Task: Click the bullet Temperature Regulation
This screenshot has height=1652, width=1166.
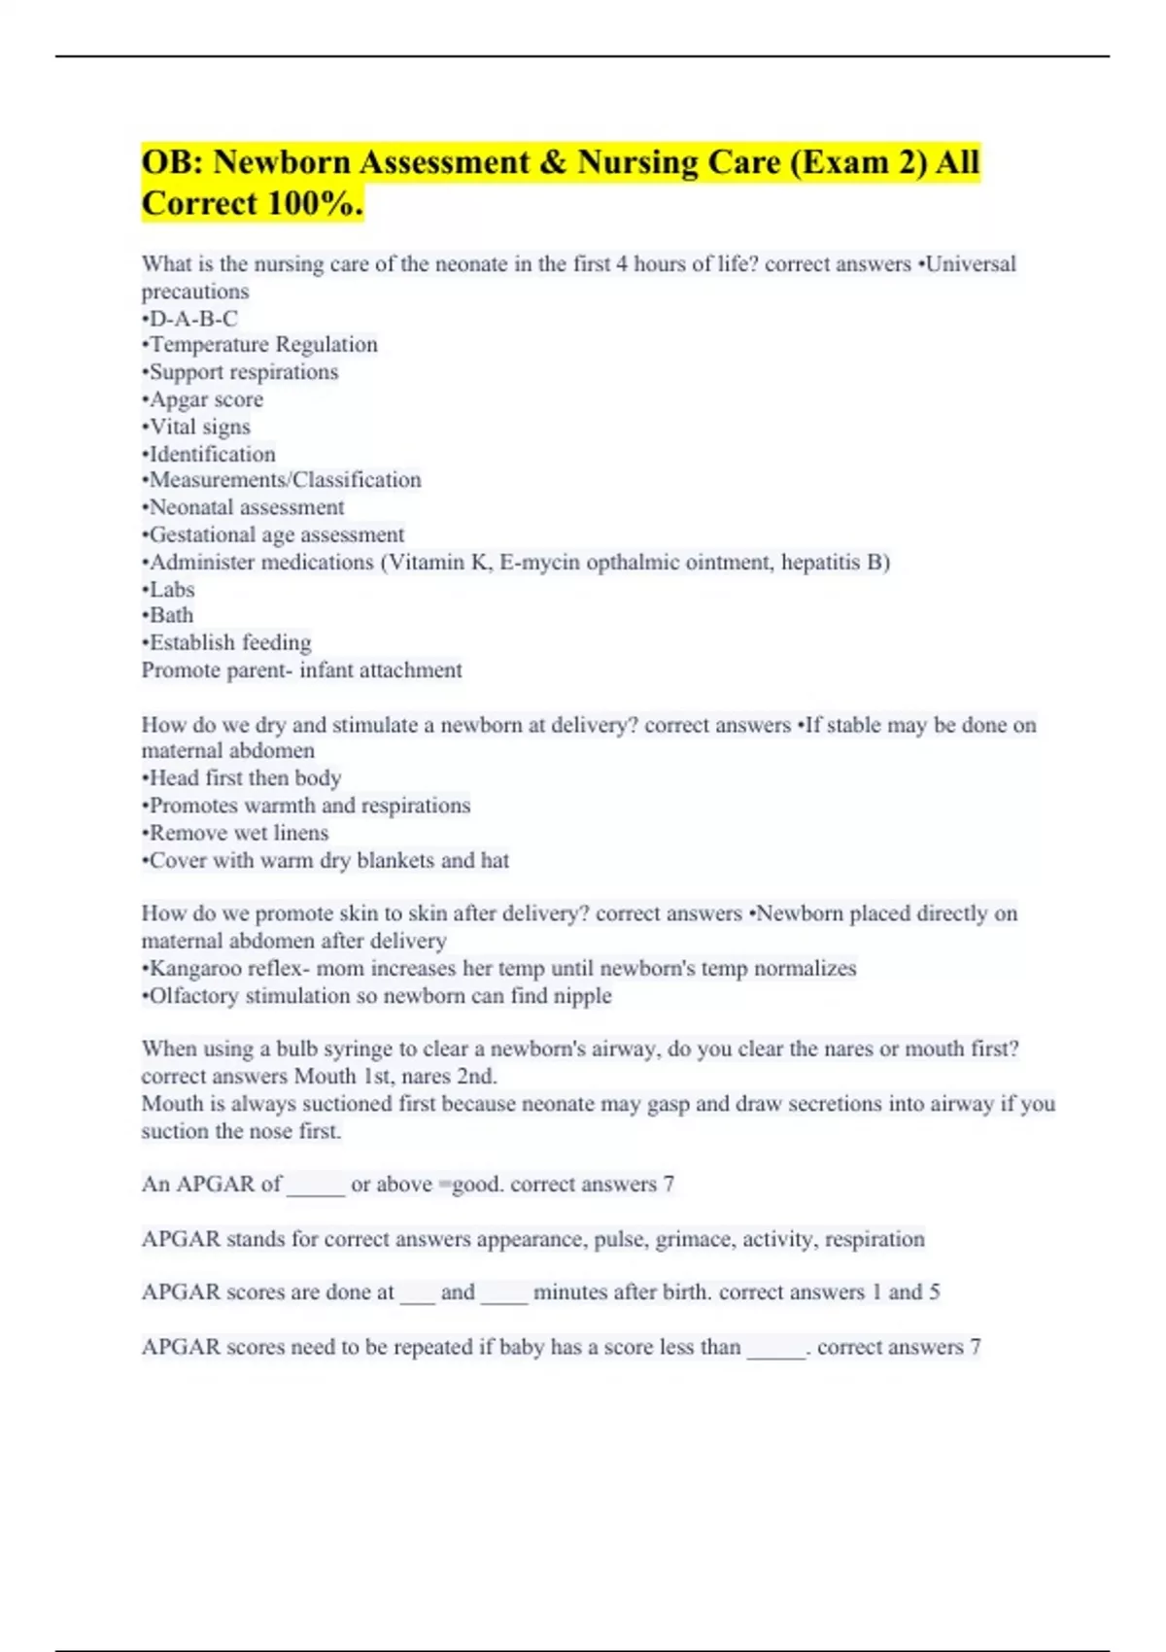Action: (x=259, y=344)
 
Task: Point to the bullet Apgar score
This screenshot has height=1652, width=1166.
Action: (x=202, y=399)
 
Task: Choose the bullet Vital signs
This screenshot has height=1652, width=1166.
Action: (x=196, y=427)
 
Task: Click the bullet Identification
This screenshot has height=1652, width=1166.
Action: (x=209, y=454)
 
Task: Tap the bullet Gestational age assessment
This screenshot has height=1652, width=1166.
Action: (x=273, y=534)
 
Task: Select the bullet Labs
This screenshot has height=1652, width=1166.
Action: (x=168, y=589)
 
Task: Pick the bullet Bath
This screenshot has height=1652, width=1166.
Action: (x=167, y=615)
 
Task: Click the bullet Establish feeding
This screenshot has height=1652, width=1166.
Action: (x=226, y=642)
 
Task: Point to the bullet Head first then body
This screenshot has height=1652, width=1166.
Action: (x=241, y=777)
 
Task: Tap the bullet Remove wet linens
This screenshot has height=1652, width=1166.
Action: (x=235, y=833)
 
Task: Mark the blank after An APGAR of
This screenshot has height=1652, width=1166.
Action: (x=316, y=1186)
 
